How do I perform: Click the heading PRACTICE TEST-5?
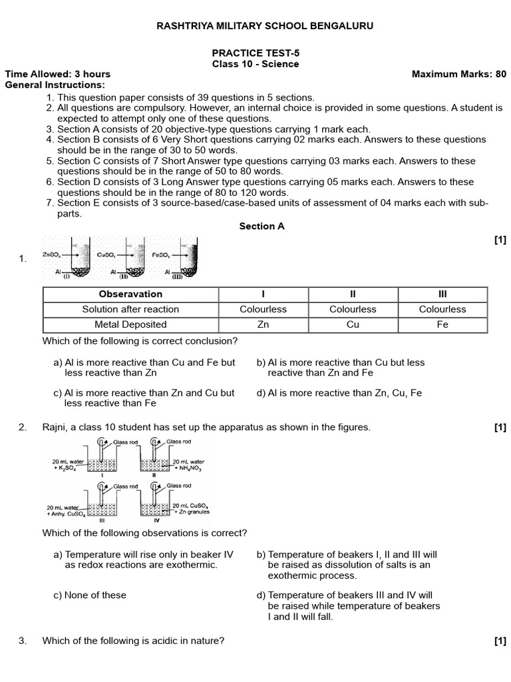point(255,53)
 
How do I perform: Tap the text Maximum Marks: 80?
point(459,74)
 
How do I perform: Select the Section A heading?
point(261,226)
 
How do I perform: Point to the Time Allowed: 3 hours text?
point(58,74)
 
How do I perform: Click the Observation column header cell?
point(130,294)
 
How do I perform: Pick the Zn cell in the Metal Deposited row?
point(263,324)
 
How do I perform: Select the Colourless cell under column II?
point(353,309)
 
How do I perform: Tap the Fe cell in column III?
point(442,324)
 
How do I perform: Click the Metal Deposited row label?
point(130,324)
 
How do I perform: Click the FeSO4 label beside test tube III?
point(160,254)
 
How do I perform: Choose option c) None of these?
point(90,595)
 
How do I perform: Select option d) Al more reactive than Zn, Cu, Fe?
point(339,393)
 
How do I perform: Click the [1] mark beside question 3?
point(500,641)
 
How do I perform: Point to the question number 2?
point(23,427)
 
